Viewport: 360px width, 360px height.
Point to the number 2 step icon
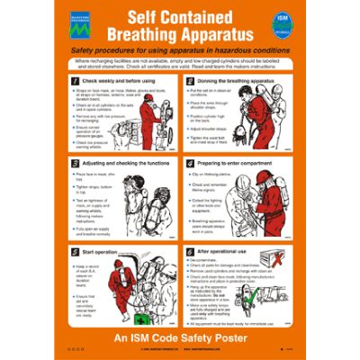click(x=184, y=81)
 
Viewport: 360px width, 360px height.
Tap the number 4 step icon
click(x=184, y=164)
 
